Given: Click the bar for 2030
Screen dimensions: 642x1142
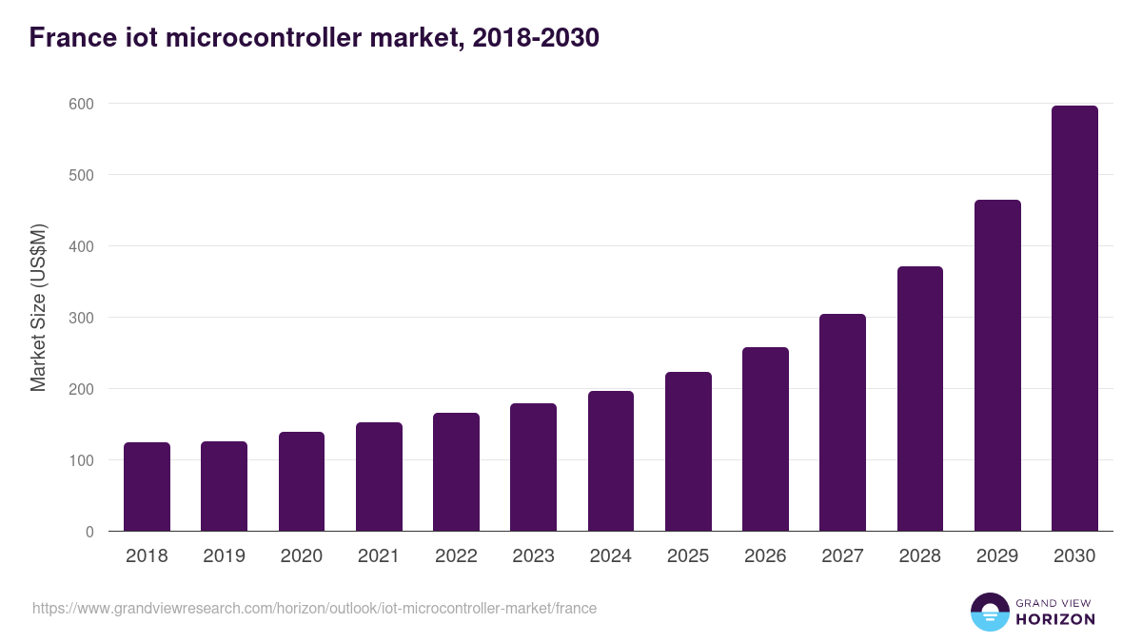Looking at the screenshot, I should (1074, 319).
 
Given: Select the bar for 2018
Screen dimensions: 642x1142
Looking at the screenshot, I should (147, 487).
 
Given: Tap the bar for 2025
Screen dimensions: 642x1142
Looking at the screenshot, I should (688, 452).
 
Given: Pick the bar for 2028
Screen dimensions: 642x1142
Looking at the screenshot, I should (920, 399).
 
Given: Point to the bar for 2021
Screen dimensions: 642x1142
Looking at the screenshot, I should (379, 477).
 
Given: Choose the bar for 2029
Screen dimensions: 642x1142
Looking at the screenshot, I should (997, 365).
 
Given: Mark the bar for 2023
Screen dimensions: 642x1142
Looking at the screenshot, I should (533, 467).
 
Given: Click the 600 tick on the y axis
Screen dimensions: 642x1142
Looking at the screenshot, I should (82, 104).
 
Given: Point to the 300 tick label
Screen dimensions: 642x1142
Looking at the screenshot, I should (82, 318).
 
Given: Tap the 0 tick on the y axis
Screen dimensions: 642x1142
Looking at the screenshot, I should (89, 532).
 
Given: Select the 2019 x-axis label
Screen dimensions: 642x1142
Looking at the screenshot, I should (224, 556).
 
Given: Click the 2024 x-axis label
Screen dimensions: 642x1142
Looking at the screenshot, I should (610, 556).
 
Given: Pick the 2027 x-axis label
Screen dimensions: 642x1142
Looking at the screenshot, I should (842, 556).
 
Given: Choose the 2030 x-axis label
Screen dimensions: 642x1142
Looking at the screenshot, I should (1074, 556).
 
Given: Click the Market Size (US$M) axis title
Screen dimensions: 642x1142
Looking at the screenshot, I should (38, 307).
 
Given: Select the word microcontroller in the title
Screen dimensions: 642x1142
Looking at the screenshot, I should (277, 38).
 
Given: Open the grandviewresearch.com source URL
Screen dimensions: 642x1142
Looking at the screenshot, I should (314, 608).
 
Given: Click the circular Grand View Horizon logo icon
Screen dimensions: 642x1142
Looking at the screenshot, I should (990, 612).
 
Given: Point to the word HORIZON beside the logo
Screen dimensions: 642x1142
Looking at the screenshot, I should (1056, 619).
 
